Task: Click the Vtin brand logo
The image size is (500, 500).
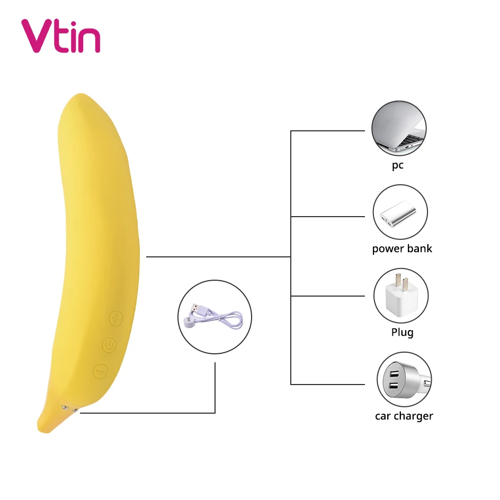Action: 60,36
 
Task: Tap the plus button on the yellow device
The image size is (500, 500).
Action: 116,319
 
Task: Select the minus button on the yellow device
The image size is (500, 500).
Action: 101,371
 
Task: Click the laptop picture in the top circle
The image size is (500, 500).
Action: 398,130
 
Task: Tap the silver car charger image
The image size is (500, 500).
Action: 404,380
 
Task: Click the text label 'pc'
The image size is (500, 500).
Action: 398,165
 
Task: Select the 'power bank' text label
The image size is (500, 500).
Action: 402,249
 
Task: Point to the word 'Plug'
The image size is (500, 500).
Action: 402,333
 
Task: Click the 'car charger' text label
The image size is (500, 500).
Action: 404,416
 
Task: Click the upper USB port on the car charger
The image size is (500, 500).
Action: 395,372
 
